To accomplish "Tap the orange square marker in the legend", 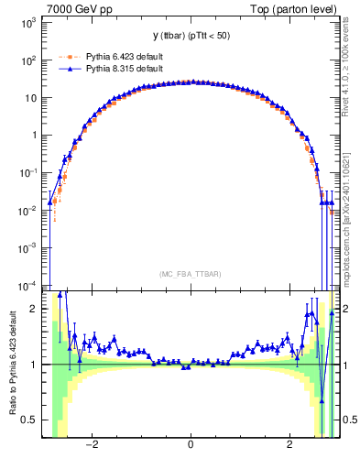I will pyautogui.click(x=66, y=57).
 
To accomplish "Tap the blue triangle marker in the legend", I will pyautogui.click(x=66, y=68).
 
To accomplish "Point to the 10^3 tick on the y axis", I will pyautogui.click(x=30, y=22).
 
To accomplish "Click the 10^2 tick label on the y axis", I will pyautogui.click(x=30, y=60).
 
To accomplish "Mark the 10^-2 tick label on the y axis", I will pyautogui.click(x=29, y=210).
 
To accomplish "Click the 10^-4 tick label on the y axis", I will pyautogui.click(x=29, y=285).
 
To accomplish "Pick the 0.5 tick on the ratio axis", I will pyautogui.click(x=32, y=420).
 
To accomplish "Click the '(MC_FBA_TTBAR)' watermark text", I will pyautogui.click(x=191, y=274).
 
